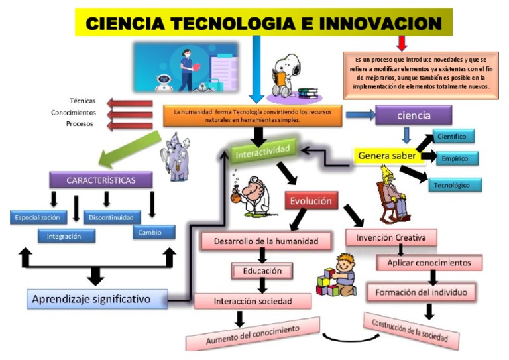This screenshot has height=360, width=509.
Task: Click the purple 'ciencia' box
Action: (414, 115)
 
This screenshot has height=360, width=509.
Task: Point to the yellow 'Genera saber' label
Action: (387, 156)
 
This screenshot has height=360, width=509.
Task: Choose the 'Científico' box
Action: (455, 137)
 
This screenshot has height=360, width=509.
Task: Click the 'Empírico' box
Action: (457, 158)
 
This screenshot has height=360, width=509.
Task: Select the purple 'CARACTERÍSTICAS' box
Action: (101, 180)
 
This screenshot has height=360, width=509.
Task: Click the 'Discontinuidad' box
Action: (113, 217)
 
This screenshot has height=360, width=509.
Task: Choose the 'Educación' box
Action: (261, 270)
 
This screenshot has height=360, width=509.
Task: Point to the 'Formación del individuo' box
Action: (422, 292)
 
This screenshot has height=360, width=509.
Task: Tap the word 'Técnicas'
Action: (82, 101)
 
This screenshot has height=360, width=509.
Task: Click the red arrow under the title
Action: (401, 43)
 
